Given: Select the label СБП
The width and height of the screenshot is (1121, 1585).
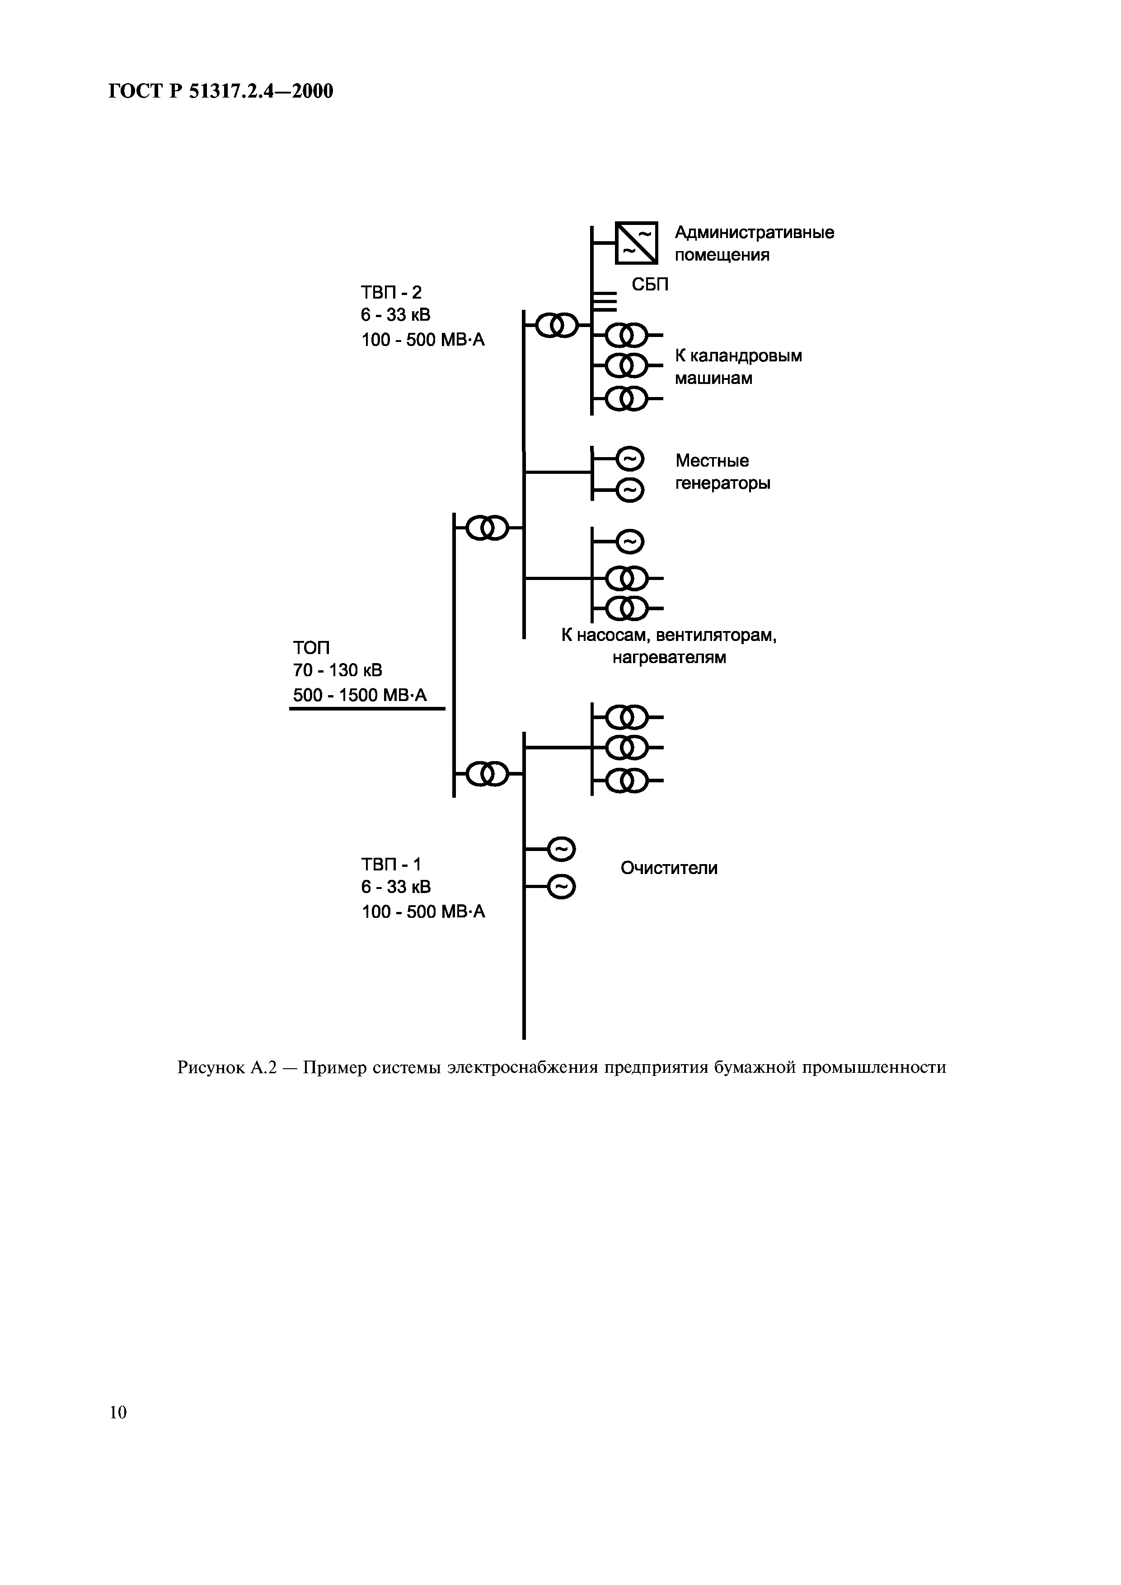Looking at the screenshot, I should click(650, 285).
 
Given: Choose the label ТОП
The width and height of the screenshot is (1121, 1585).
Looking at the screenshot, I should click(311, 648).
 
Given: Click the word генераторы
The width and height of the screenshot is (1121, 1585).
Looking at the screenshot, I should click(722, 483).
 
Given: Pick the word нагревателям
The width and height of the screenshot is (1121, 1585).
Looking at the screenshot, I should click(669, 657).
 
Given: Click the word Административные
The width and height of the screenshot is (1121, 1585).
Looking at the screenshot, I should click(754, 233).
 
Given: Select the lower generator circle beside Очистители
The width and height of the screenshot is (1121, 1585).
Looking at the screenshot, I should click(560, 888).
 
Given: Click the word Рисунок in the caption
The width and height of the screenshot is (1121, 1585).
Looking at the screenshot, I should click(210, 1068).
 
